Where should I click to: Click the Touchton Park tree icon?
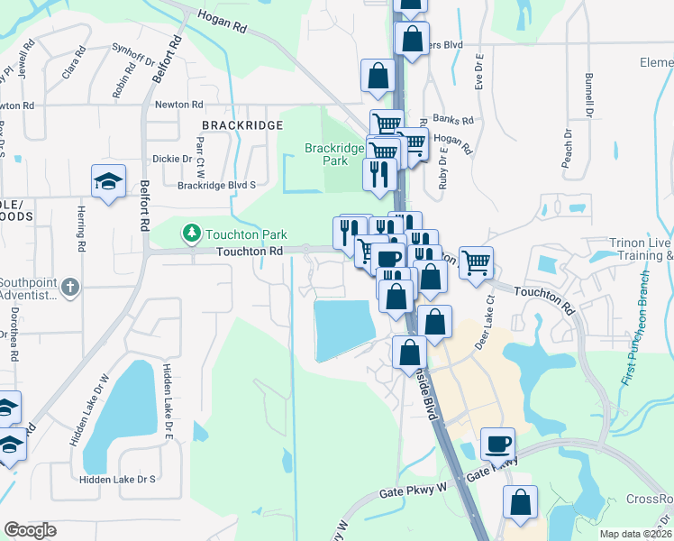[x=191, y=234]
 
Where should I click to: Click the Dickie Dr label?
[x=174, y=159]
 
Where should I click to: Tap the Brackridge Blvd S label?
[x=216, y=185]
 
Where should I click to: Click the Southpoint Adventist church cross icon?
[x=73, y=288]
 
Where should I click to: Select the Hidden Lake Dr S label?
[x=117, y=480]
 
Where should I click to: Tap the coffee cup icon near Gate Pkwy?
[x=497, y=444]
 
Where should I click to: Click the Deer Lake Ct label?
[x=486, y=309]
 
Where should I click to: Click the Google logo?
[x=30, y=530]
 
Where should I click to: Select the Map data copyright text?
[x=635, y=534]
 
